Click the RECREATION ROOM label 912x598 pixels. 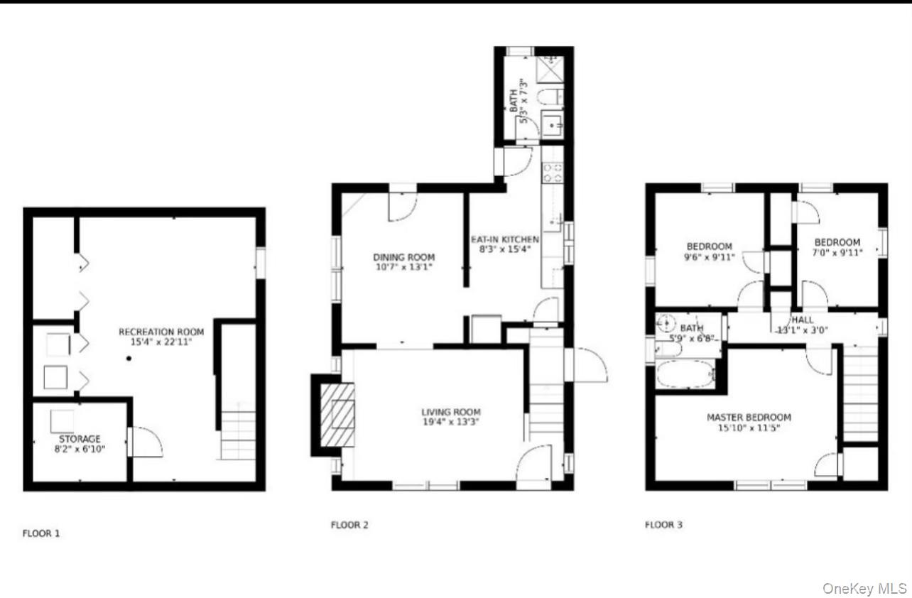161,332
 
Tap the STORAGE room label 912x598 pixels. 80,439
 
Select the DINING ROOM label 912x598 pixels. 403,257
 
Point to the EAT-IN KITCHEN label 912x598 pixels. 505,239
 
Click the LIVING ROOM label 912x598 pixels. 450,412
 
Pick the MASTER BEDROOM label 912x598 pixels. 748,418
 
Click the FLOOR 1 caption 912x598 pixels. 41,533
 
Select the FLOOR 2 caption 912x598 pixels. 349,526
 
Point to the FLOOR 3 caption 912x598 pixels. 663,526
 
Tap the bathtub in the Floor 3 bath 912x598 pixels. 685,374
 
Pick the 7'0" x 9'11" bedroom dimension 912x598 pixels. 837,252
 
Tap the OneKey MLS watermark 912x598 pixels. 864,588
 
